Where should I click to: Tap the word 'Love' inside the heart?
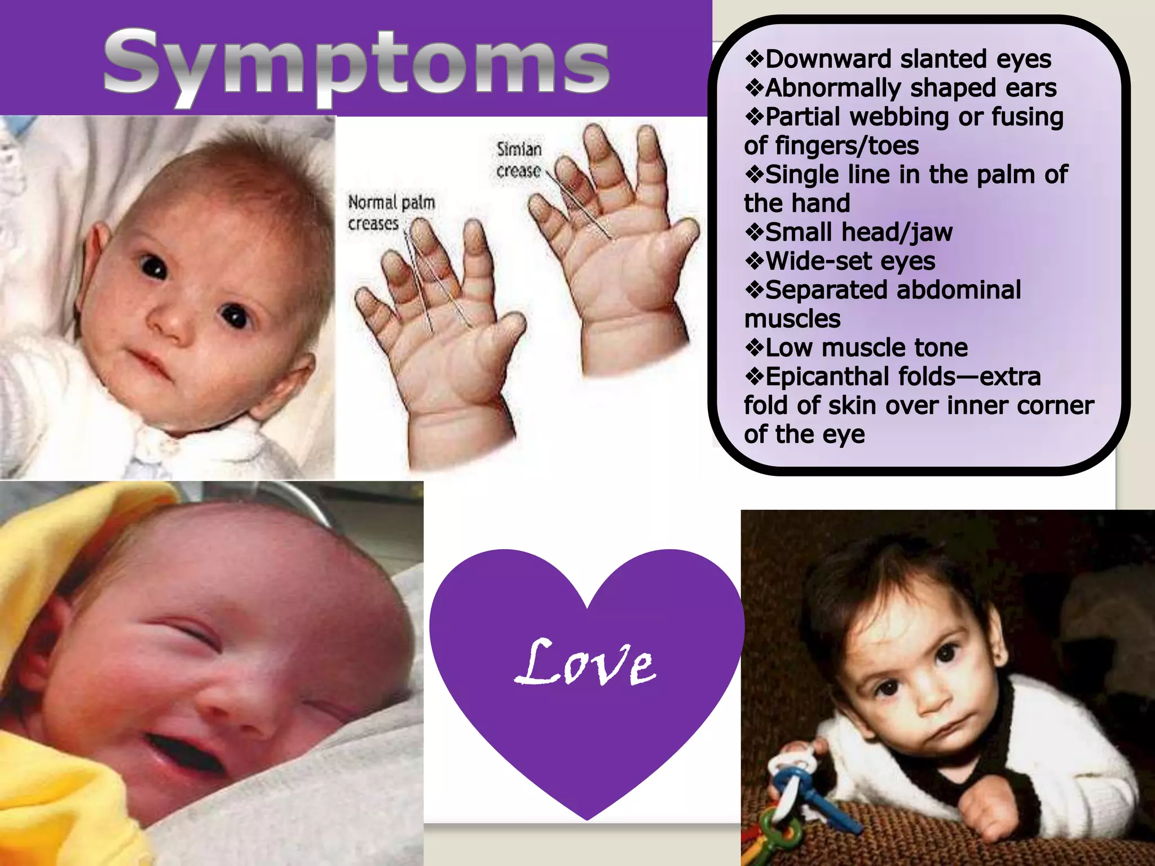click(x=585, y=663)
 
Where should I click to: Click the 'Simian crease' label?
click(x=519, y=160)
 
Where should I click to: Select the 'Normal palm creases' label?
click(x=390, y=213)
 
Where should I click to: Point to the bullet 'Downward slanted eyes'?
click(x=908, y=59)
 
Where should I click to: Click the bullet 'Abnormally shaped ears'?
click(x=910, y=88)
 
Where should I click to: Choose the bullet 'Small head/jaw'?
click(x=858, y=232)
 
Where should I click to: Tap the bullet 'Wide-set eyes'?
click(x=850, y=261)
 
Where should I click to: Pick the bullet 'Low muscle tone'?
click(x=866, y=348)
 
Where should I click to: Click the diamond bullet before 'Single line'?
click(x=754, y=174)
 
